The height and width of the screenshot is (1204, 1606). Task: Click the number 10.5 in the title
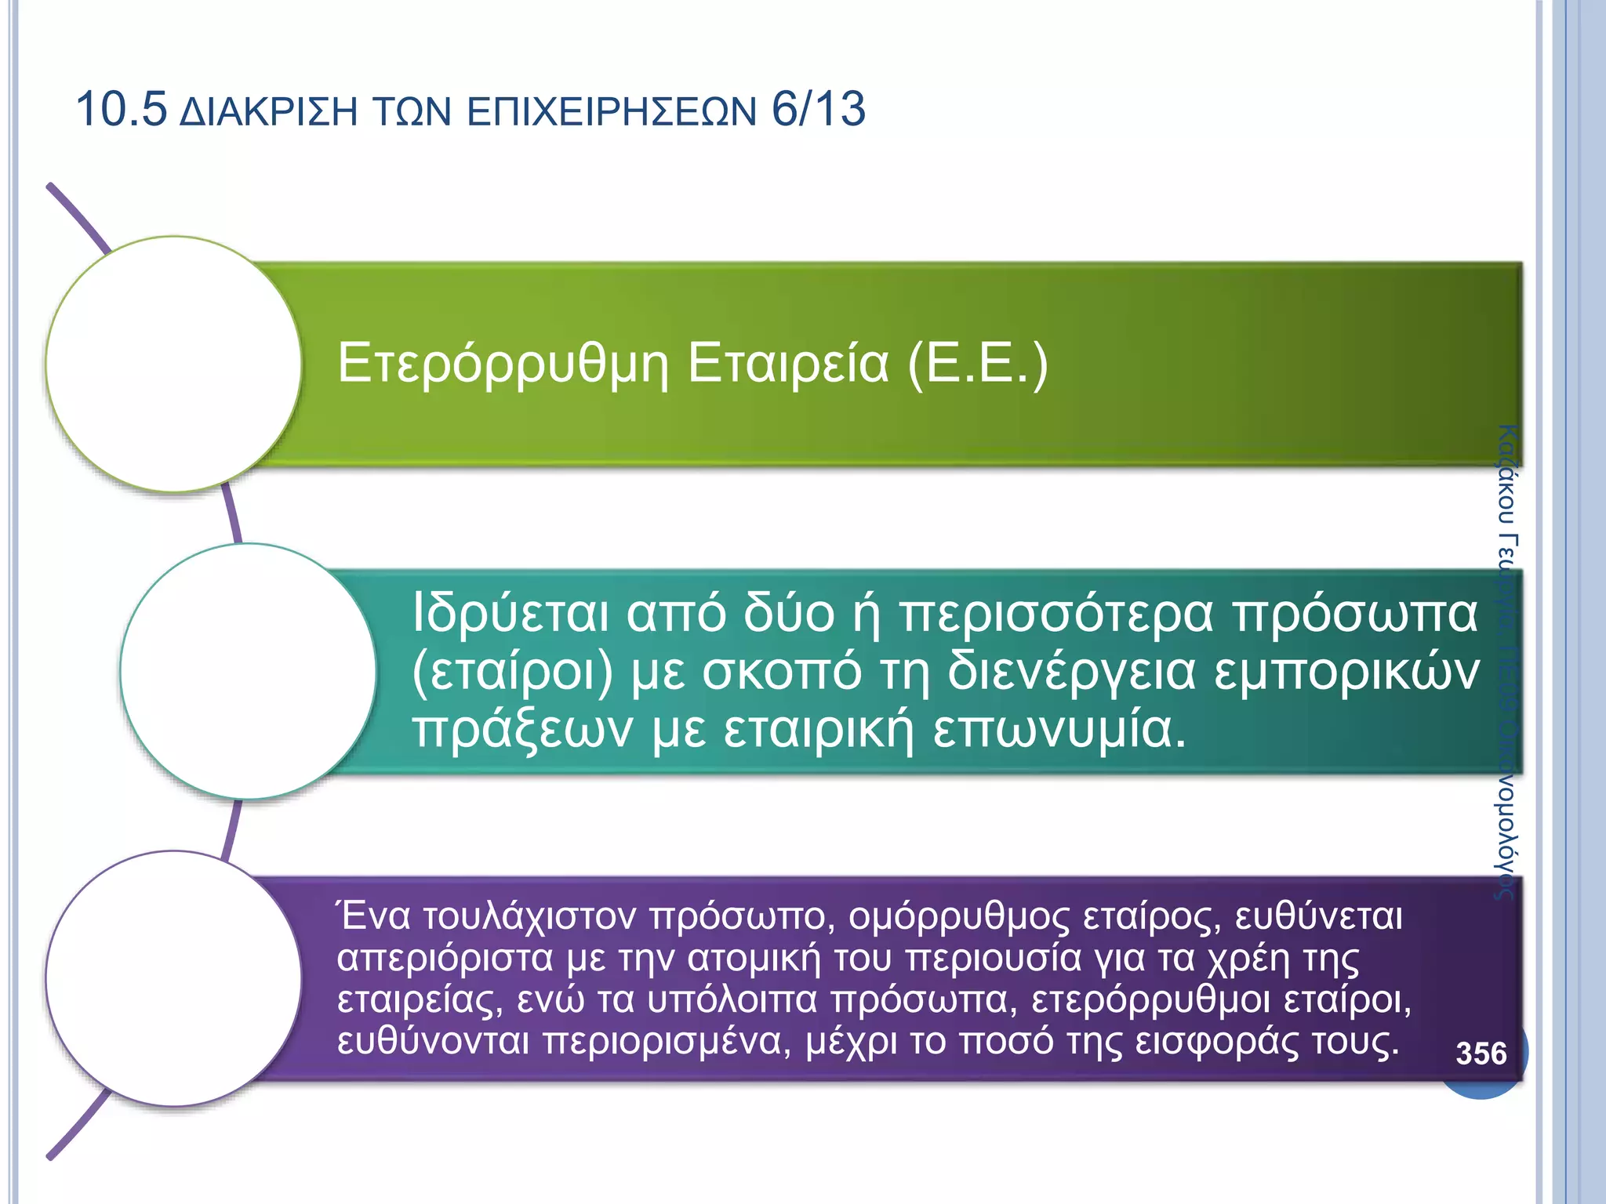121,109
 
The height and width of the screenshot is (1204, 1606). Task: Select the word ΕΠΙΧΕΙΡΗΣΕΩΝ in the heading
612,112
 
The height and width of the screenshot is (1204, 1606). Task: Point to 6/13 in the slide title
819,109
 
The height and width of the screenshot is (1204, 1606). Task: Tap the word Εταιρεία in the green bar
788,364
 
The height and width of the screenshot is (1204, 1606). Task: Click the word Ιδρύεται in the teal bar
510,613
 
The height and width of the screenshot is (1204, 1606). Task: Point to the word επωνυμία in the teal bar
1059,730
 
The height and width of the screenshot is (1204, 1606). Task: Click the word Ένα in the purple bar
373,916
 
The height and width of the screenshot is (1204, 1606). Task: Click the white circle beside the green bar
174,364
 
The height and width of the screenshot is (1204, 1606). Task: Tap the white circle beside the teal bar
249,672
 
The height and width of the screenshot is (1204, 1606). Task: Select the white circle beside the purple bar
174,978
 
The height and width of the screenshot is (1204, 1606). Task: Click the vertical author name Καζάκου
1507,474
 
